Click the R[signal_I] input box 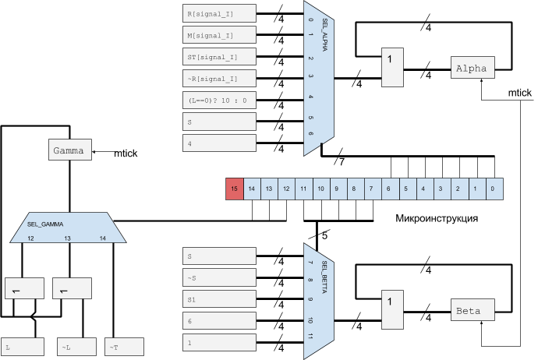(x=219, y=13)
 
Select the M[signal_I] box (x=219, y=35)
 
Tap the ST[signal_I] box (x=219, y=57)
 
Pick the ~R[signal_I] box (x=219, y=78)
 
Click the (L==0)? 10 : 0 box (x=219, y=100)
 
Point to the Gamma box (x=70, y=150)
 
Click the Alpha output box (x=473, y=68)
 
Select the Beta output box (x=473, y=311)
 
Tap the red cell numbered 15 (x=234, y=188)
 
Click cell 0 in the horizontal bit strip (x=494, y=188)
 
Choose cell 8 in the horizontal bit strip (x=355, y=188)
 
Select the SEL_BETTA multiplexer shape (x=319, y=296)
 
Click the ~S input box (x=219, y=277)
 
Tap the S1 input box (x=219, y=299)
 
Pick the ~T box (x=125, y=347)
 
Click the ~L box (x=76, y=347)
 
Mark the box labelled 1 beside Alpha (x=392, y=67)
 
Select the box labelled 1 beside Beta (x=392, y=309)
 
